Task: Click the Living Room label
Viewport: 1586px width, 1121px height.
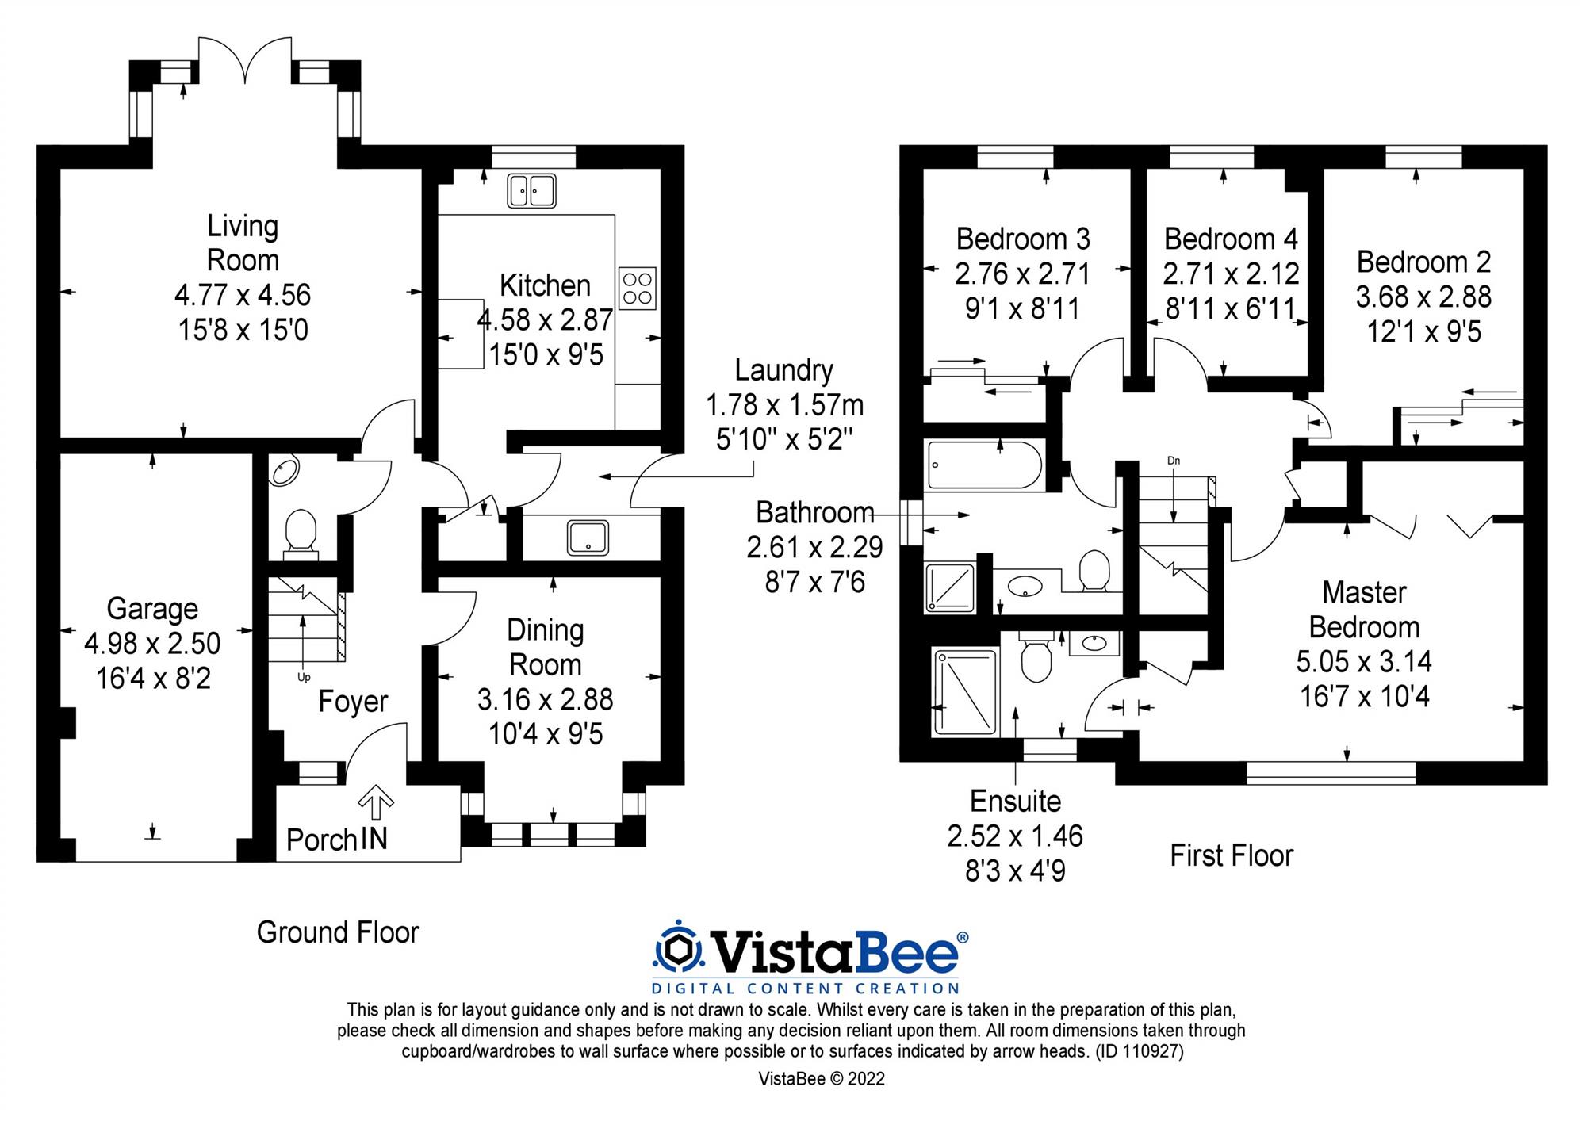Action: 243,243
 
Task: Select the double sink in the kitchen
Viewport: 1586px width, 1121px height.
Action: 532,191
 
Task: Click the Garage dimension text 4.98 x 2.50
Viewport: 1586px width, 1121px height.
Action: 152,644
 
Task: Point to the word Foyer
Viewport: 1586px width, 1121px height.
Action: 353,702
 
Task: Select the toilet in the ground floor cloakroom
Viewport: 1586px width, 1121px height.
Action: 301,530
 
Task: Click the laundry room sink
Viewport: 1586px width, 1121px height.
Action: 588,537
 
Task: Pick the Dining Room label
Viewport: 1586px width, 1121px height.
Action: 546,647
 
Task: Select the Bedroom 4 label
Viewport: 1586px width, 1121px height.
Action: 1231,239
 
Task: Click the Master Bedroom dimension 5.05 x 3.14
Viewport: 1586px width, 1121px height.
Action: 1364,661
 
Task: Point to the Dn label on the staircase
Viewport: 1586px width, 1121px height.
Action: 1174,461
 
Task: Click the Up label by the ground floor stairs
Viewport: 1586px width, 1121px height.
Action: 304,677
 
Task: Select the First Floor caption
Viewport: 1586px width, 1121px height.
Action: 1232,855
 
